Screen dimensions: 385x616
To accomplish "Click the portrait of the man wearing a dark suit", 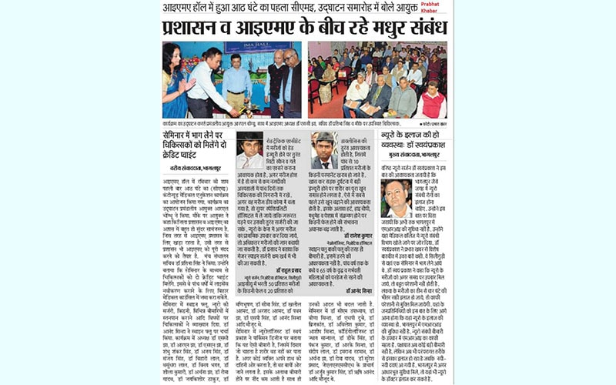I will coord(249,150).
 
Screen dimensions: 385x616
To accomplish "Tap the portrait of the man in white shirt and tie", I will coord(324,151).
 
